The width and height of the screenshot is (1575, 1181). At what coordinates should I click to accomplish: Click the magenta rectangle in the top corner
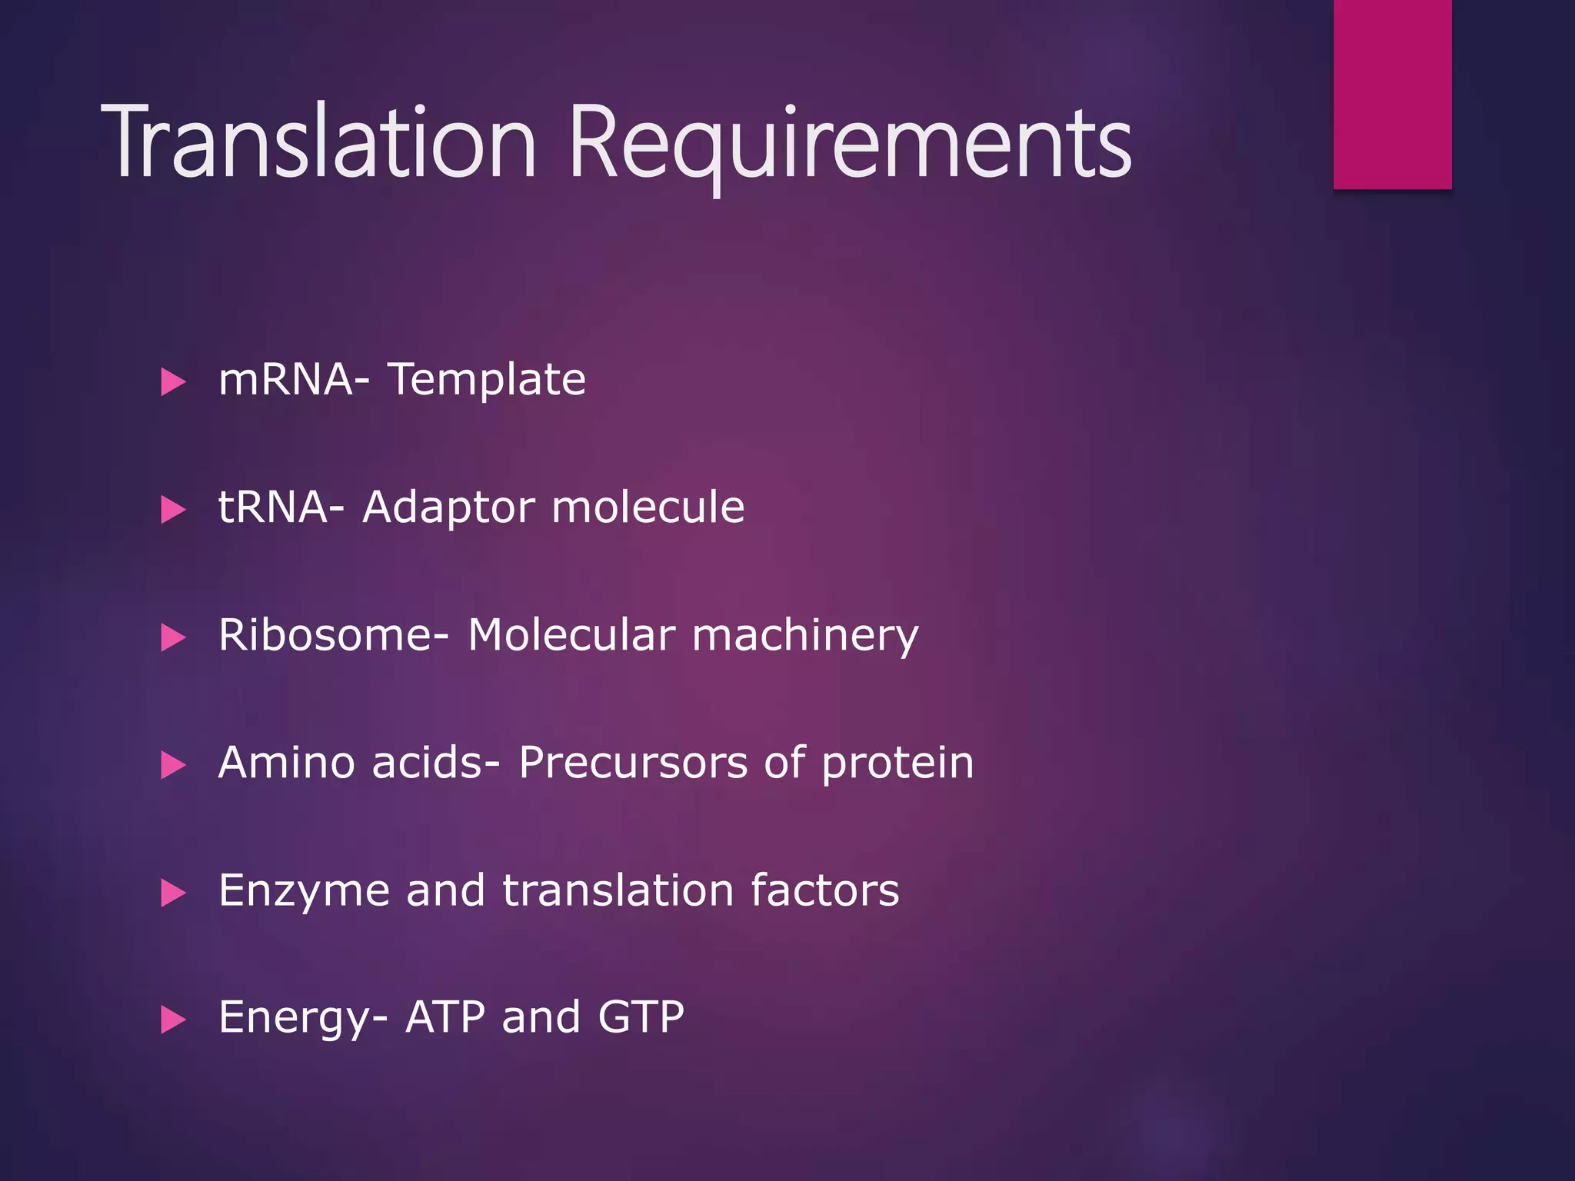click(x=1392, y=94)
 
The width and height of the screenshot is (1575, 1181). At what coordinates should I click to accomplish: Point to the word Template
click(x=487, y=379)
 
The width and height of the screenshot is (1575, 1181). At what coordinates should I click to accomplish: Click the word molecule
click(x=648, y=507)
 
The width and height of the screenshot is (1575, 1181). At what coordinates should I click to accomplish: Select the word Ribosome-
click(x=334, y=635)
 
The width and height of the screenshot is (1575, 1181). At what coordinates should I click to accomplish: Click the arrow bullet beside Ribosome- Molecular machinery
click(x=174, y=637)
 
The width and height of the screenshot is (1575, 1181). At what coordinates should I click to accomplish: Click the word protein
click(x=897, y=764)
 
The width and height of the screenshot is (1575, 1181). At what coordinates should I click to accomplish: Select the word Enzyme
click(x=304, y=891)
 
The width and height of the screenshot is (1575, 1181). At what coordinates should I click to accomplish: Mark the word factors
click(x=824, y=890)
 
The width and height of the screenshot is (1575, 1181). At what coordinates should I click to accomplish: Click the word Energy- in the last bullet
click(x=303, y=1018)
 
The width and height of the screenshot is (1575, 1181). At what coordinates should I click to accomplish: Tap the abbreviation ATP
click(x=445, y=1017)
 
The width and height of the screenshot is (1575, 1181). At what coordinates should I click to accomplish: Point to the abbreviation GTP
click(x=641, y=1017)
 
